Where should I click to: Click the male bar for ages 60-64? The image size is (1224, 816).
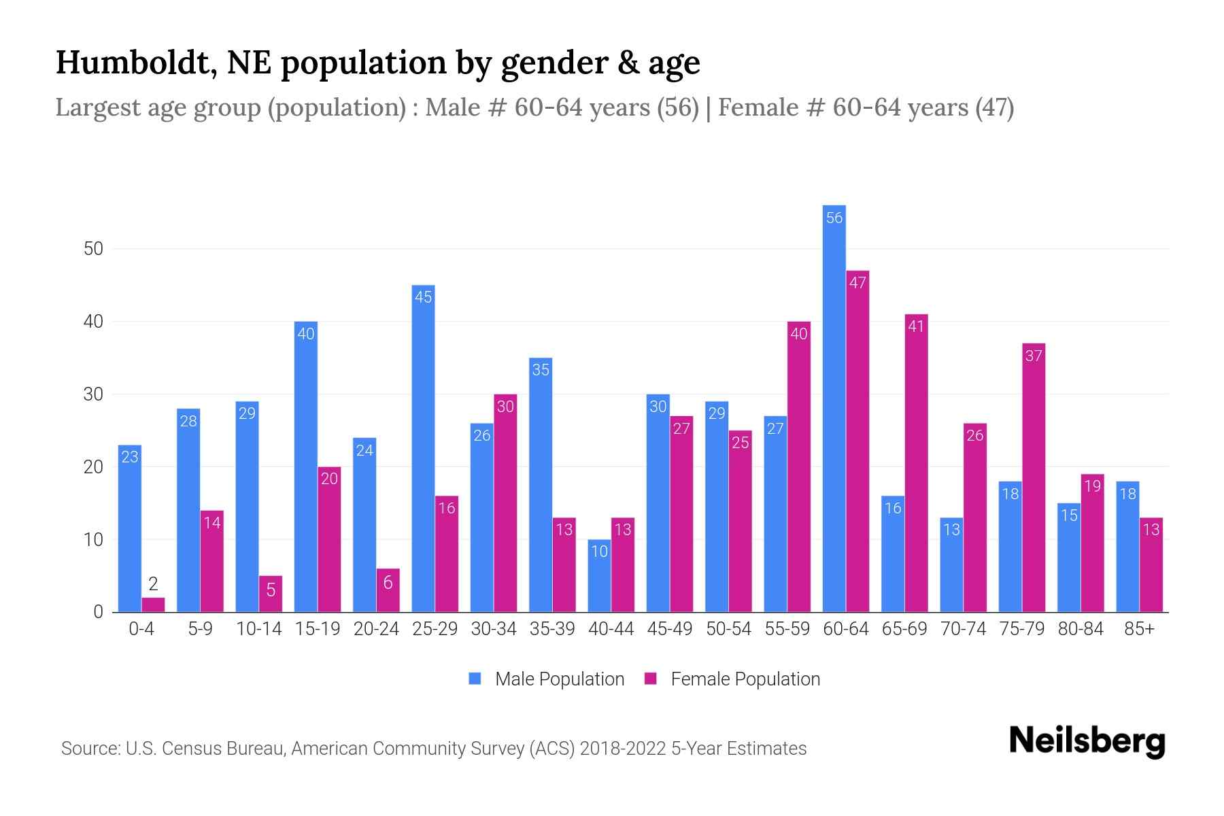[x=834, y=408]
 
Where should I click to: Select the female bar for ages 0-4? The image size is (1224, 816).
[x=153, y=605]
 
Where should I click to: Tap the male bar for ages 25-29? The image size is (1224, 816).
[x=423, y=449]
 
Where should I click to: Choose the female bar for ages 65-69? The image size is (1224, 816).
[x=916, y=462]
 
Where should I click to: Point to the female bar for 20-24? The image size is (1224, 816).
[x=388, y=590]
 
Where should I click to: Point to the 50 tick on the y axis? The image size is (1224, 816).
[x=93, y=249]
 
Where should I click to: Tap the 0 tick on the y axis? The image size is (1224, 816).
[x=98, y=612]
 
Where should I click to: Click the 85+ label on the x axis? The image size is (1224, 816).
[x=1139, y=629]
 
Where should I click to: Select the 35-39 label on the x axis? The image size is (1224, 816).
[x=552, y=629]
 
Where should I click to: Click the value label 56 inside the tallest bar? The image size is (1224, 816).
[x=834, y=218]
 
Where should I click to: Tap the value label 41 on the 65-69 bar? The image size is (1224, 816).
[x=916, y=326]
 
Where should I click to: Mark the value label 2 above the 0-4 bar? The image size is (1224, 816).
[x=153, y=583]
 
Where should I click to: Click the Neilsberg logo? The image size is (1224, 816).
[x=1087, y=741]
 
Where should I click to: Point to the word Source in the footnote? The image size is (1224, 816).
[x=89, y=749]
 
